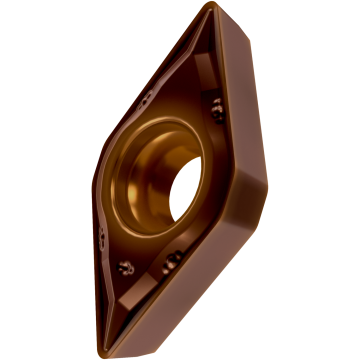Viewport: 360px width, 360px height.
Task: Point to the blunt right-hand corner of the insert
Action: (262, 190)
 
